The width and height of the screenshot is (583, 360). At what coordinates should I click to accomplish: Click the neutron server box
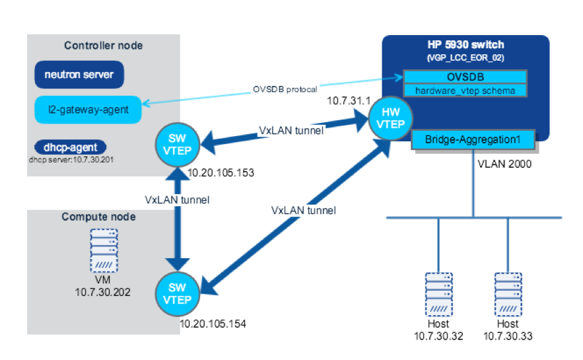click(79, 75)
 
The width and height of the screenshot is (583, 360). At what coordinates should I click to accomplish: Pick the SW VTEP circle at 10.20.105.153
click(176, 142)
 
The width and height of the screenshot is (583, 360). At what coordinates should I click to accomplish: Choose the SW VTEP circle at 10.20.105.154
click(176, 293)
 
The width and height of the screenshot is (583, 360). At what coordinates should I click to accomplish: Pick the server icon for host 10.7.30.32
click(438, 293)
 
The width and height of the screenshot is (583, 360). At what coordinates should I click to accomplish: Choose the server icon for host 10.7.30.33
click(507, 293)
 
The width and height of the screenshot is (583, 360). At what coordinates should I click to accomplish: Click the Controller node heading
click(104, 46)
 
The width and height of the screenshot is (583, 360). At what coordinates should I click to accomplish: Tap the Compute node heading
click(98, 217)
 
